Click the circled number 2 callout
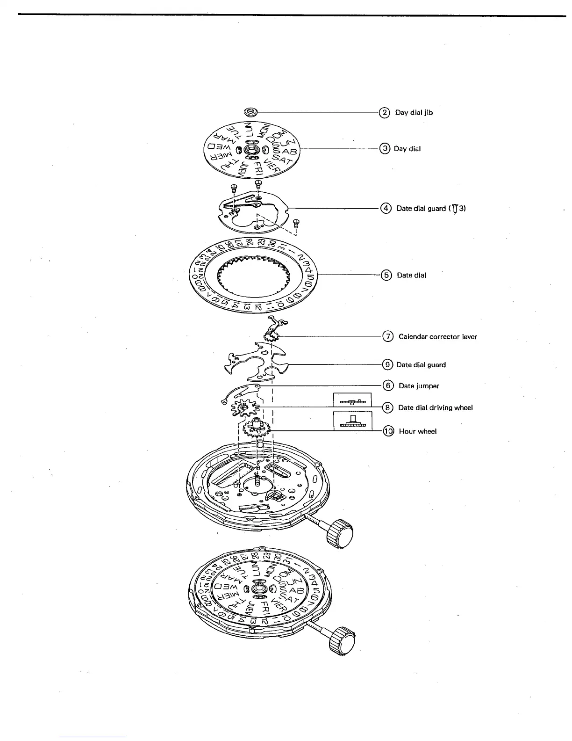(x=384, y=113)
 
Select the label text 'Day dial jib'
(x=414, y=113)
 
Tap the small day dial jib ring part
(x=251, y=112)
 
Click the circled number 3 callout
(x=384, y=149)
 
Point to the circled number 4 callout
(x=386, y=209)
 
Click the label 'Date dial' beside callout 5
(x=411, y=275)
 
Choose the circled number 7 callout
(x=388, y=336)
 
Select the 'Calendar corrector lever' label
(x=437, y=337)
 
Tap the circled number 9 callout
(x=387, y=364)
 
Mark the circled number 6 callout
(x=388, y=386)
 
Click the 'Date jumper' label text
(x=419, y=386)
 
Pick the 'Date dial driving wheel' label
(x=435, y=408)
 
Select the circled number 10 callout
(x=388, y=431)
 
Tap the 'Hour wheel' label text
(x=417, y=431)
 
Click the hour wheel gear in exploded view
(x=256, y=428)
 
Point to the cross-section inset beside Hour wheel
(x=353, y=421)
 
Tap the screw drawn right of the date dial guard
(x=295, y=223)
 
